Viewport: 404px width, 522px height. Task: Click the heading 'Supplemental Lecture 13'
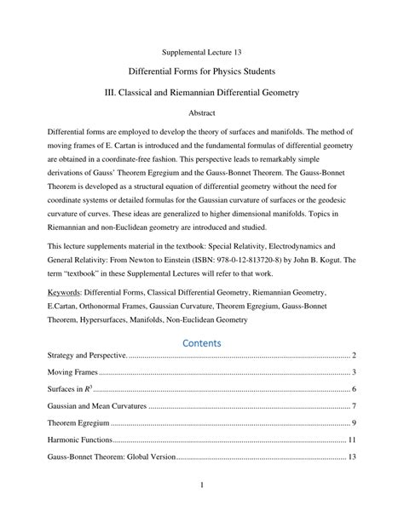[202, 52]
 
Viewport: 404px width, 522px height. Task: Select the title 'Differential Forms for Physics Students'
[202, 74]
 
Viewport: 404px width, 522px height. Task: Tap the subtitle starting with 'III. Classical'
[202, 94]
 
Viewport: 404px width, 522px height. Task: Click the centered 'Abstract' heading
[202, 112]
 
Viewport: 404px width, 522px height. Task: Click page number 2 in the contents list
[353, 354]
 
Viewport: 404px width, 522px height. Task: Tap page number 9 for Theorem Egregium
[353, 423]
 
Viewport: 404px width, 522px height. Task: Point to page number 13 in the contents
[351, 457]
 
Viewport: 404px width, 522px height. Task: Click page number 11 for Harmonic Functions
[351, 440]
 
